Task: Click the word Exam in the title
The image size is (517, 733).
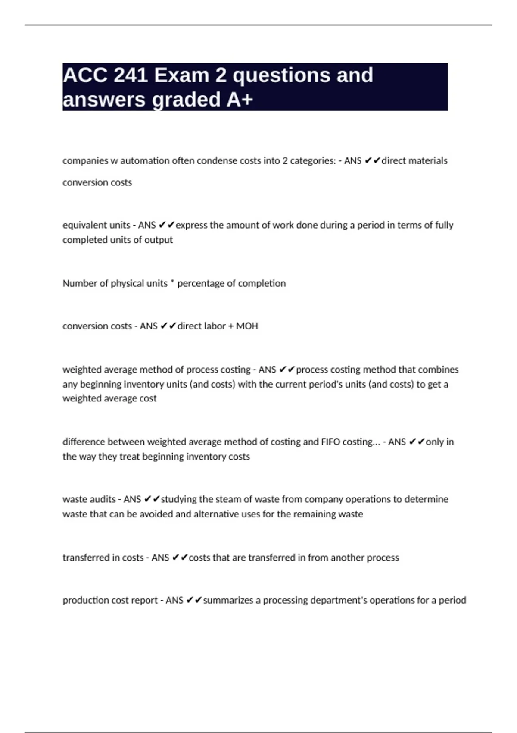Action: pos(182,75)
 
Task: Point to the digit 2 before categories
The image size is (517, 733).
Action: pos(285,161)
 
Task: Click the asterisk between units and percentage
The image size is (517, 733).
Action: pos(172,282)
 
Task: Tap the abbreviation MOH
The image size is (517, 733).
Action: pos(247,326)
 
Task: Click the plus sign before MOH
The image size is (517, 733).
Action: pos(231,326)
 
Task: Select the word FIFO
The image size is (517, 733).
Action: pos(330,442)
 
